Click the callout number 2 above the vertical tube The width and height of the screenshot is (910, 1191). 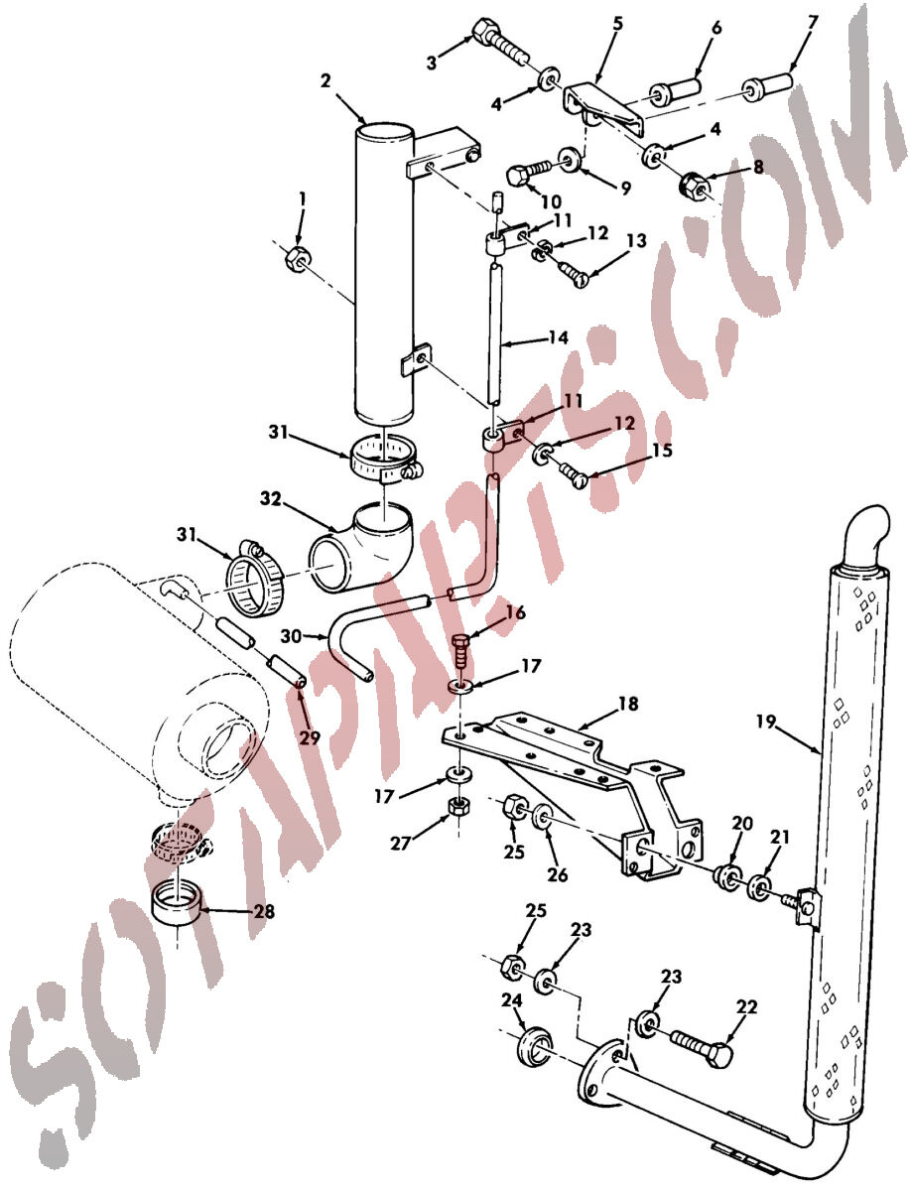pos(325,80)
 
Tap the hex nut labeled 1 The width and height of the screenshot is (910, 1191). pos(297,259)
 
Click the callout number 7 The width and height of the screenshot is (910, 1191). pos(812,22)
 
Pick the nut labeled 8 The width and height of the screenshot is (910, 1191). pos(693,187)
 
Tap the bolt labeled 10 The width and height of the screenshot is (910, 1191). pos(531,174)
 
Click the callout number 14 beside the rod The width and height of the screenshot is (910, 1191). pos(558,337)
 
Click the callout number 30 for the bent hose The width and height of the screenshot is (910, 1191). pos(291,635)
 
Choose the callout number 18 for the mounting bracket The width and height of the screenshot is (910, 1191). pos(628,704)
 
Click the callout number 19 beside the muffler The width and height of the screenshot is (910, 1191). pos(766,722)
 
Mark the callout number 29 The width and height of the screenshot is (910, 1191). pos(310,738)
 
